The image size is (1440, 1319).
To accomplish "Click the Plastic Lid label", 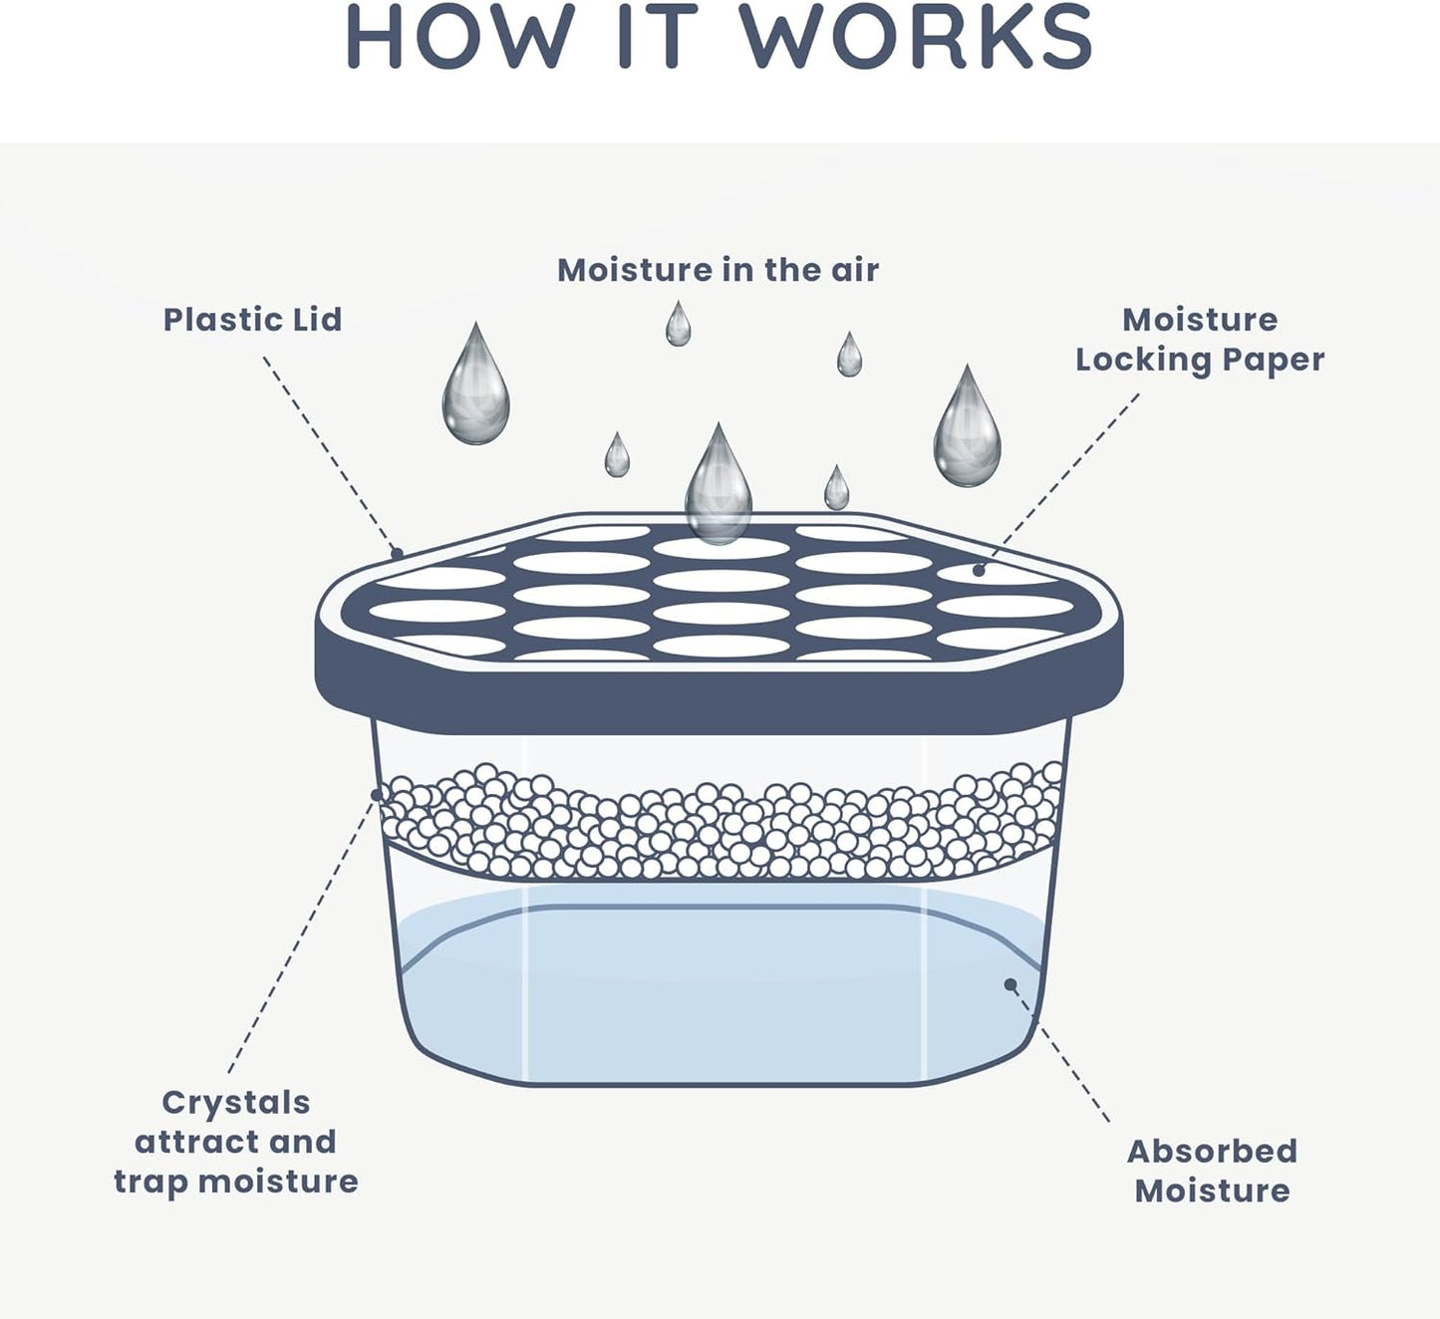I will pyautogui.click(x=252, y=320).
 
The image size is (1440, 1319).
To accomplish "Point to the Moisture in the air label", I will pyautogui.click(x=718, y=270).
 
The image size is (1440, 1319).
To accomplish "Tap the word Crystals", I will pyautogui.click(x=236, y=1103).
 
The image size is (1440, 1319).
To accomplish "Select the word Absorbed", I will pyautogui.click(x=1212, y=1152).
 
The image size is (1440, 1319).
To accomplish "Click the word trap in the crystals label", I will pyautogui.click(x=151, y=1182).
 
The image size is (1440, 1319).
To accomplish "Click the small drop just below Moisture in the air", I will pyautogui.click(x=679, y=327).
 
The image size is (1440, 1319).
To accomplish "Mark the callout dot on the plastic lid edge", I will pyautogui.click(x=397, y=553).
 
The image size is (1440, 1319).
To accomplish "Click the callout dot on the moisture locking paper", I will pyautogui.click(x=980, y=571).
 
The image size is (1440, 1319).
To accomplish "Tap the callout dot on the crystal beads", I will pyautogui.click(x=377, y=794).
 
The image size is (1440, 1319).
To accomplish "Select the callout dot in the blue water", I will pyautogui.click(x=1010, y=984).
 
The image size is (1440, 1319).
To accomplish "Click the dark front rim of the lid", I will pyautogui.click(x=718, y=702).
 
